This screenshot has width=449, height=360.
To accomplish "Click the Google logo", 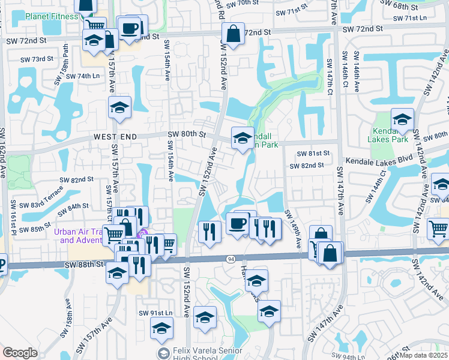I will pyautogui.click(x=20, y=353).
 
